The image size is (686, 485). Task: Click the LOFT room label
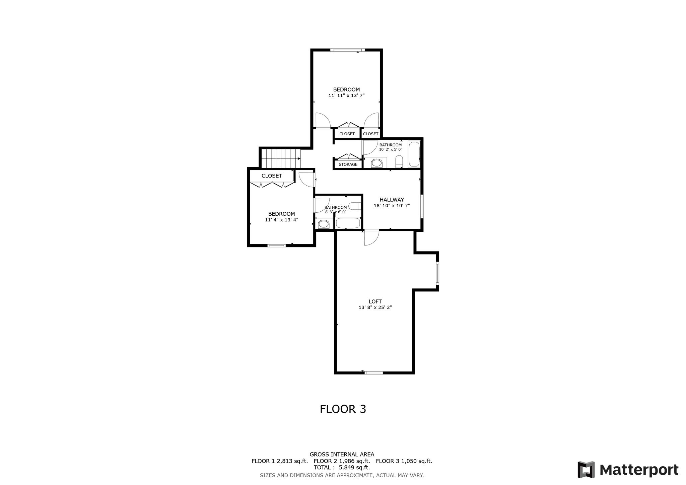click(375, 301)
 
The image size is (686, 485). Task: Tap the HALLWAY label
click(392, 200)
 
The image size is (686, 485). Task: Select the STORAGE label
click(348, 164)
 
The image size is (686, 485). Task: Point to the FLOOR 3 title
click(343, 409)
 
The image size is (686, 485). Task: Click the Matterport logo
click(628, 470)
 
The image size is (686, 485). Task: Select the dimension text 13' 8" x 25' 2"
click(375, 307)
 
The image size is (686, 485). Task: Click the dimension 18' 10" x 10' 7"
click(392, 206)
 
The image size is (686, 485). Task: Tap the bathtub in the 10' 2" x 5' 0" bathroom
click(414, 154)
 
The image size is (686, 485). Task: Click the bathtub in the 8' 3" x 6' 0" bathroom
click(348, 223)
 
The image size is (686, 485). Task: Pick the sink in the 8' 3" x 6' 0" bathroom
click(324, 224)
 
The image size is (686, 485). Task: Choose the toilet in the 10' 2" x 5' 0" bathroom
click(399, 161)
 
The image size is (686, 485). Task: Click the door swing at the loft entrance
click(371, 238)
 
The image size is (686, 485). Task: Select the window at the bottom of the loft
click(373, 372)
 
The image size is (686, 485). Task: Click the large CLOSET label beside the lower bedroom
click(272, 176)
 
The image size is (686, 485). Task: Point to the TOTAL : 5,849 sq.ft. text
click(342, 468)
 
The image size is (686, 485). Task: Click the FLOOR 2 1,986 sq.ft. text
click(342, 461)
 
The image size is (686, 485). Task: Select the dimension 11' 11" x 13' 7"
click(346, 95)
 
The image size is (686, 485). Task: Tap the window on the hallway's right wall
click(422, 206)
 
